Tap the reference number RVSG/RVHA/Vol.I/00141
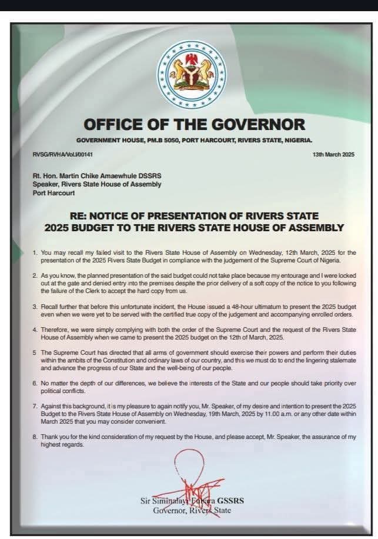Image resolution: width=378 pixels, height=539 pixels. click(x=63, y=154)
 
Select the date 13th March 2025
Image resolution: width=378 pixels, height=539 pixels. click(x=333, y=154)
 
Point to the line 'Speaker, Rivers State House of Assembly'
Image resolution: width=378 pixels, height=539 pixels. click(x=97, y=185)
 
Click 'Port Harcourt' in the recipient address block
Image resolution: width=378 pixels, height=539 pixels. click(x=54, y=193)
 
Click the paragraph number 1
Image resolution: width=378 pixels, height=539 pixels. click(x=35, y=252)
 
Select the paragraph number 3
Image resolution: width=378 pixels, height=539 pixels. click(x=35, y=307)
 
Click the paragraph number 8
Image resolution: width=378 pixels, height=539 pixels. click(x=35, y=437)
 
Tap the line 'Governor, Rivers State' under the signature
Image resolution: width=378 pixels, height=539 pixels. click(x=192, y=510)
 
